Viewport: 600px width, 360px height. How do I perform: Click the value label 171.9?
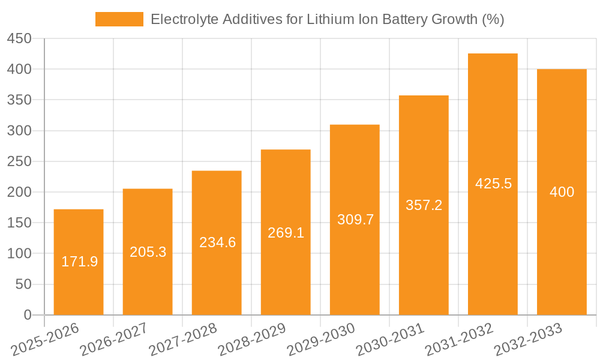[79, 262]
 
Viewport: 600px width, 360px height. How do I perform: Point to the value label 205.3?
[148, 252]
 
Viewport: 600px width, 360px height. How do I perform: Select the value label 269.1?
[286, 233]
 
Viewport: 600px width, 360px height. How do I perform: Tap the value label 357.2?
[424, 205]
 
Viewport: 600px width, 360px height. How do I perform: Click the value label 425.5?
[493, 184]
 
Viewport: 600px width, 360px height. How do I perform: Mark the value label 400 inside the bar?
[562, 192]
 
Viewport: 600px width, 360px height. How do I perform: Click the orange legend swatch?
[119, 19]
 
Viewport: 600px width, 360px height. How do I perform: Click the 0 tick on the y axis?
[28, 315]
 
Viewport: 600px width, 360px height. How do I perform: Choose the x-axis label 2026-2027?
[114, 340]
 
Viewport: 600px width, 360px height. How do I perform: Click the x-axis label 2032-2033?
[528, 340]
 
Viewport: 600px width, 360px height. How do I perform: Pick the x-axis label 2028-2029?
[252, 340]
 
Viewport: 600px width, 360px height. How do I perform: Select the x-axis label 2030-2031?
[390, 340]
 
